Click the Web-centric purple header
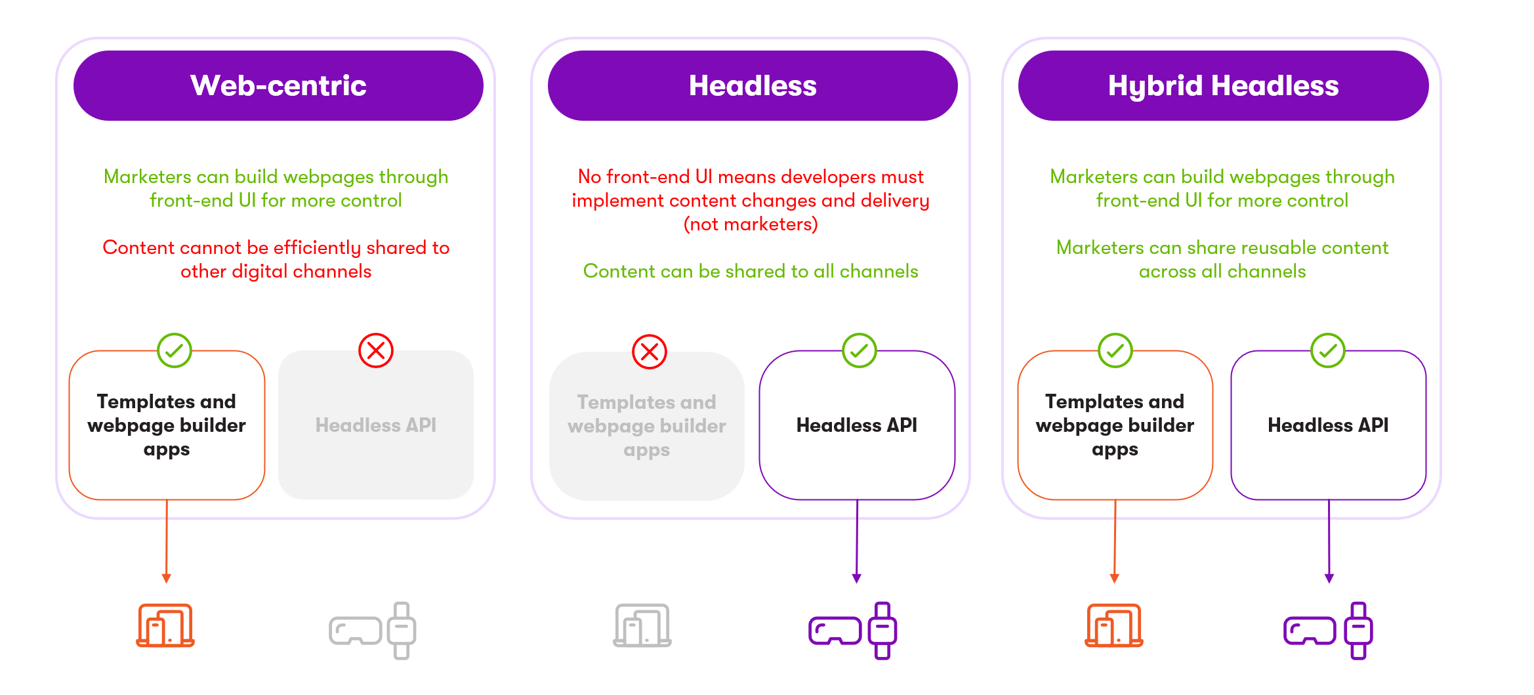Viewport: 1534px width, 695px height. (278, 86)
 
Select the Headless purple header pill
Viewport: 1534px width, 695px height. (753, 86)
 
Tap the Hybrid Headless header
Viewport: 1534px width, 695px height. (1223, 86)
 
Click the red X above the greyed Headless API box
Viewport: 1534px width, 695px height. (376, 350)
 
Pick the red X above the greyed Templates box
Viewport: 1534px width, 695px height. (650, 352)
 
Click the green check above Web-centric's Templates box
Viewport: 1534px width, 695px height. (175, 350)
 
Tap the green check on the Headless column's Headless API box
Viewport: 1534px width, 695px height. (860, 350)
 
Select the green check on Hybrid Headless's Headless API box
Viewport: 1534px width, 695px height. (1328, 350)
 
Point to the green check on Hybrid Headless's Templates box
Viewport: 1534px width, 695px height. (1115, 350)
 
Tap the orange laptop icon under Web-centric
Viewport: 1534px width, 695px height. (165, 625)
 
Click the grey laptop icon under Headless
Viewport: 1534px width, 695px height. (642, 625)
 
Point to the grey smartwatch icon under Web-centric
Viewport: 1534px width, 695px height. (402, 631)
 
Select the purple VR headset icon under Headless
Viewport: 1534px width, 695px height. (835, 631)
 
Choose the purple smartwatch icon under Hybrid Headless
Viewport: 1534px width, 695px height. (1359, 631)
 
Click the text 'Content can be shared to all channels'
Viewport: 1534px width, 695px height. (751, 271)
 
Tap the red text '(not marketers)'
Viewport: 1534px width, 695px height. (751, 224)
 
